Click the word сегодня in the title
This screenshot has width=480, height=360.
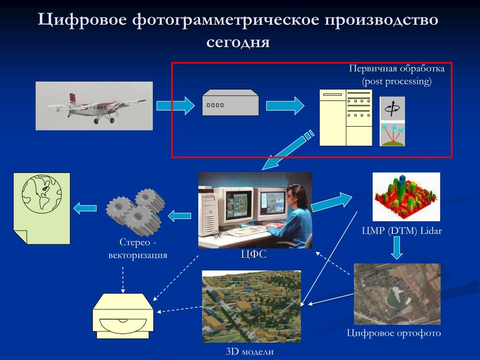[238, 42]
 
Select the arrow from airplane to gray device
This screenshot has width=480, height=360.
[175, 105]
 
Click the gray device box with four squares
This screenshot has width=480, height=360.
[231, 103]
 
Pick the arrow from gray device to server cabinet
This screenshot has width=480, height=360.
[285, 105]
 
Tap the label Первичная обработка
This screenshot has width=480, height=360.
[397, 68]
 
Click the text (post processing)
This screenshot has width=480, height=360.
[397, 81]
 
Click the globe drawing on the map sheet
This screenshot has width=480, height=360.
[42, 194]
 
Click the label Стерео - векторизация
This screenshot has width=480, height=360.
[138, 248]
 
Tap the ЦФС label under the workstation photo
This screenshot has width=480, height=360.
[254, 254]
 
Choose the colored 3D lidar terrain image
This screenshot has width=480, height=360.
[406, 196]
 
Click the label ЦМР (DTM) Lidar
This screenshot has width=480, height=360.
[402, 231]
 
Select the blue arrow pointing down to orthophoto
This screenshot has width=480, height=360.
[397, 248]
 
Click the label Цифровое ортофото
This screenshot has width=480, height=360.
[394, 333]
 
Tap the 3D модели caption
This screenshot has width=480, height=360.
[250, 352]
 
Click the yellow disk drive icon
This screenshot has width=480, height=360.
[123, 316]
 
